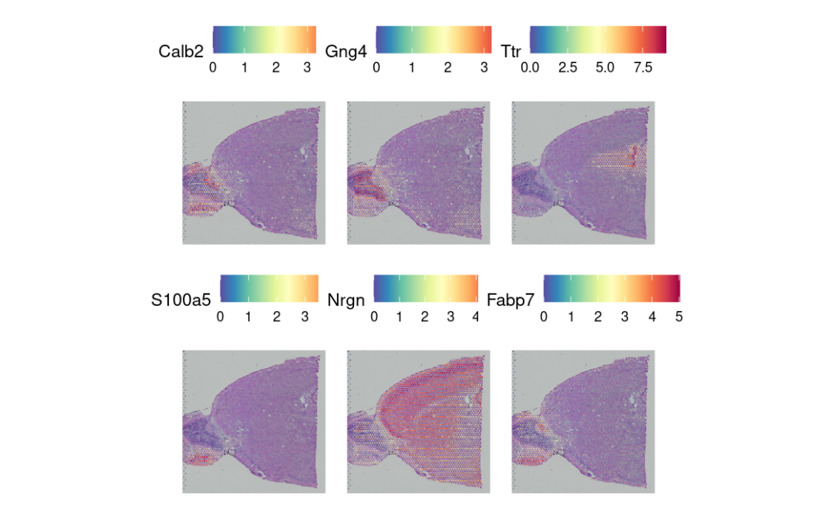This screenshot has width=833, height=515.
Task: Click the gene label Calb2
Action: pyautogui.click(x=181, y=52)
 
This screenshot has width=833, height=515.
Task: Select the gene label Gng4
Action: pyautogui.click(x=346, y=52)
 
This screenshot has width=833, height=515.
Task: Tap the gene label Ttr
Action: pyautogui.click(x=511, y=52)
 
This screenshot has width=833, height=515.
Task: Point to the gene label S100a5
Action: pyautogui.click(x=181, y=300)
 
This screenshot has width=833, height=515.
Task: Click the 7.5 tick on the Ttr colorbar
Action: pyautogui.click(x=642, y=67)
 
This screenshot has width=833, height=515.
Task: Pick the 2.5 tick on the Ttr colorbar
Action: pyautogui.click(x=568, y=67)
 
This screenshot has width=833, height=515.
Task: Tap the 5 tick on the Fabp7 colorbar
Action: pyautogui.click(x=679, y=316)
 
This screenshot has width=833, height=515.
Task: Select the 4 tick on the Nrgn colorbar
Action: pyautogui.click(x=475, y=316)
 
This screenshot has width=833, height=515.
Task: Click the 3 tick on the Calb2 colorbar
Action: pyautogui.click(x=306, y=67)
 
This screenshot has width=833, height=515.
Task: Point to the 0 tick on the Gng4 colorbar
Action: pyautogui.click(x=376, y=67)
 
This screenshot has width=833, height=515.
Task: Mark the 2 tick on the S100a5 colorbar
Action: pyautogui.click(x=276, y=316)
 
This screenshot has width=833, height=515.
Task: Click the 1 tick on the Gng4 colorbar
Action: pyautogui.click(x=412, y=67)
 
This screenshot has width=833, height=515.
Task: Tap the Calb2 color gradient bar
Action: pyautogui.click(x=265, y=39)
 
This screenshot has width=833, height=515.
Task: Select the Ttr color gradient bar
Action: pyautogui.click(x=598, y=39)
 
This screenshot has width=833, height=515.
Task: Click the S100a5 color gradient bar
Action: pyautogui.click(x=268, y=287)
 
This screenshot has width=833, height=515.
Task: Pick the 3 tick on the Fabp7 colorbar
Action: pyautogui.click(x=625, y=316)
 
